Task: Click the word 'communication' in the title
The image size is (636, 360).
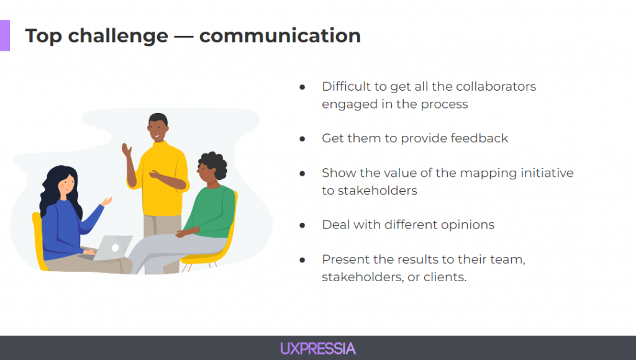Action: (x=280, y=35)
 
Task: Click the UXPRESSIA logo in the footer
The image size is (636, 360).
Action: (x=318, y=349)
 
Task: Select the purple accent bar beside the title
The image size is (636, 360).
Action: (x=5, y=35)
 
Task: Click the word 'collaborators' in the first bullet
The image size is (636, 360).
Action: (x=496, y=86)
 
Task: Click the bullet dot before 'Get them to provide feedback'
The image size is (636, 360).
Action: (x=302, y=139)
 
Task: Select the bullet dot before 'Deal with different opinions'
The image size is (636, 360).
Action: (x=302, y=225)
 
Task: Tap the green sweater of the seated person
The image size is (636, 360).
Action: (x=211, y=211)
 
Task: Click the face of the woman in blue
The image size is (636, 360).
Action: (x=67, y=184)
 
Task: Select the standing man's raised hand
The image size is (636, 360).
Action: (x=127, y=150)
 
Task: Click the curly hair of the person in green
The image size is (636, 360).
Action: (x=214, y=164)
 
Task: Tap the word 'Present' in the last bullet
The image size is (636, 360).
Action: (x=345, y=259)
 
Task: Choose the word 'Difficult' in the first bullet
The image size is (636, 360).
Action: (x=346, y=86)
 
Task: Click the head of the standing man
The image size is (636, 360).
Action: (x=158, y=127)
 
